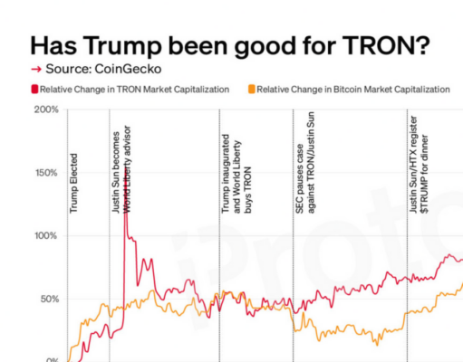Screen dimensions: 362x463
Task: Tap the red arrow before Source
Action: coord(35,69)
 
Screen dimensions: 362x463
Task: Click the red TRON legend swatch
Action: coord(34,89)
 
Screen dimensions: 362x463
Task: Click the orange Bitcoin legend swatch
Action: coord(250,89)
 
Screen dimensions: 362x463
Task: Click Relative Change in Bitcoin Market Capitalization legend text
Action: coord(353,89)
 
